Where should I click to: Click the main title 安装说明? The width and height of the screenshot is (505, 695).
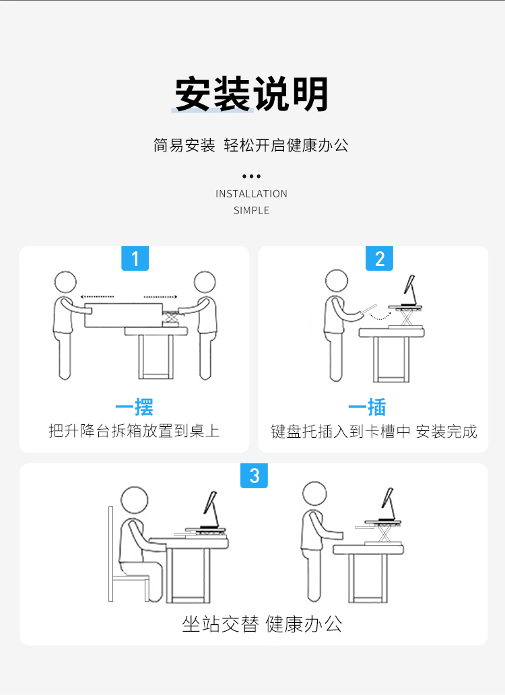point(252,94)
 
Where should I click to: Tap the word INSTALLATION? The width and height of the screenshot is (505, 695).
point(251,194)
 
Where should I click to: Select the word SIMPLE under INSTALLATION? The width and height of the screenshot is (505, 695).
point(251,211)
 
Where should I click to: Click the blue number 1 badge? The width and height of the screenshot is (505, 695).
point(135,258)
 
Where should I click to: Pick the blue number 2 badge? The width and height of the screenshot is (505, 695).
point(379,258)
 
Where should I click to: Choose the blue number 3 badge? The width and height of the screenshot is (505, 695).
point(254,475)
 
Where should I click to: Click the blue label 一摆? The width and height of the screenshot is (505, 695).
point(134,407)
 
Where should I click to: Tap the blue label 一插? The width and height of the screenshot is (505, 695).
point(367,407)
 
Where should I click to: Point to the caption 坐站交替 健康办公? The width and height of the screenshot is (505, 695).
point(262,624)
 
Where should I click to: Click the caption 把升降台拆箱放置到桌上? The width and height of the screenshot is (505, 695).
point(134,431)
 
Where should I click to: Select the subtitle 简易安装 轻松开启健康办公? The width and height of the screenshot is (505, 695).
point(251,145)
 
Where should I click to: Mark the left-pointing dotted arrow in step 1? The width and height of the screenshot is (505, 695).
point(97,296)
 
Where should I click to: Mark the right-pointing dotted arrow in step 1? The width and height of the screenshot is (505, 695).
point(160,297)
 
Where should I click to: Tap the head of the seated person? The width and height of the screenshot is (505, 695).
point(134,500)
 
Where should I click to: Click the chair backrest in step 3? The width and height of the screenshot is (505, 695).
point(110,554)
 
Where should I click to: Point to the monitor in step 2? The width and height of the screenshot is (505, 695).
point(409,285)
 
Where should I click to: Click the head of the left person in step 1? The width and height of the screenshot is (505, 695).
point(65,282)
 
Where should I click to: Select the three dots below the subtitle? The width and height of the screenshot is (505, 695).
point(251,176)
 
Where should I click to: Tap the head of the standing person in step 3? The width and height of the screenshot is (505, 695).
point(314,494)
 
